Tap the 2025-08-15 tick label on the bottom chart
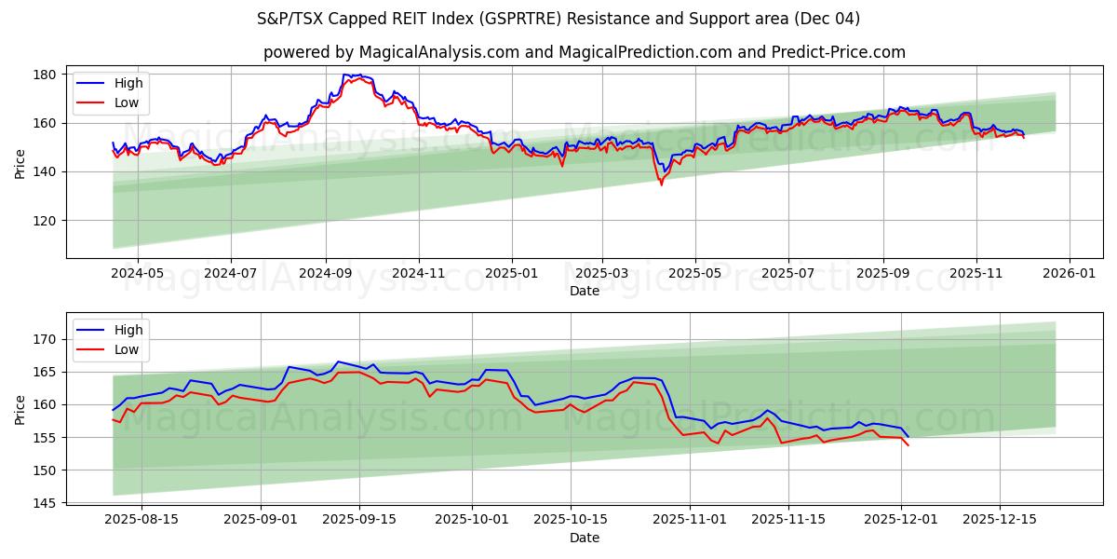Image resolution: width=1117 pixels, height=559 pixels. pyautogui.click(x=141, y=519)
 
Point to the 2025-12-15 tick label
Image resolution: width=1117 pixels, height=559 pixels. pyautogui.click(x=999, y=519)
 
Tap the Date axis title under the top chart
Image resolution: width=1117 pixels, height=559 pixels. pyautogui.click(x=585, y=291)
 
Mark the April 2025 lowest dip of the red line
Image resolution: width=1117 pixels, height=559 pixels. pyautogui.click(x=662, y=184)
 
